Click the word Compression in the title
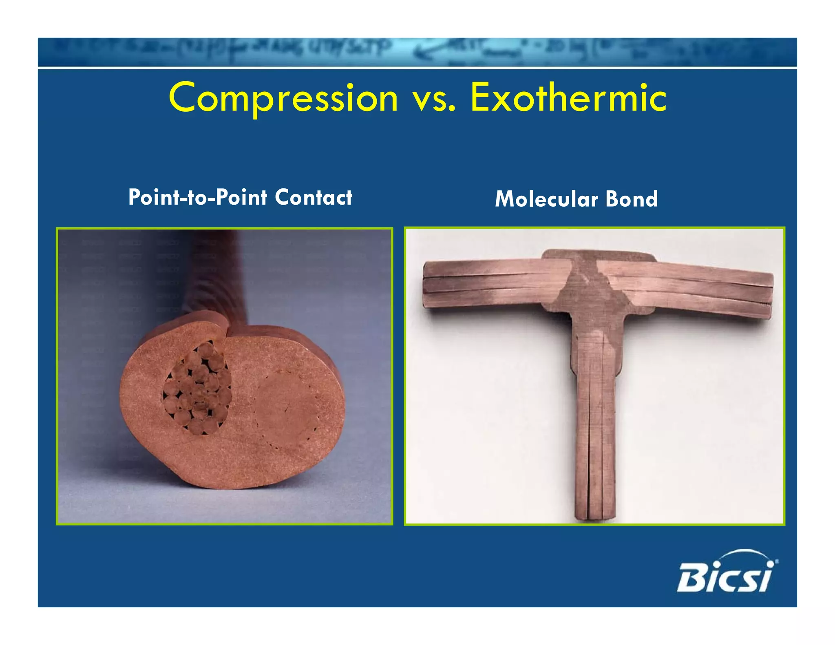coord(283,98)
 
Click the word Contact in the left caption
coord(313,197)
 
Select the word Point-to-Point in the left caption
coord(197,197)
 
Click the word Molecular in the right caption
coord(546,199)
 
